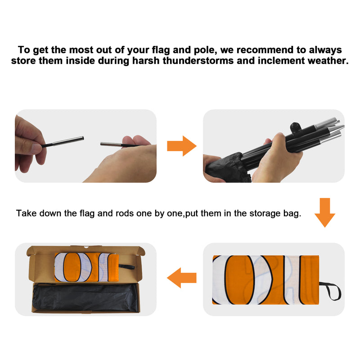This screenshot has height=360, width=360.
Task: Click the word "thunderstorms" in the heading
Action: tap(198, 61)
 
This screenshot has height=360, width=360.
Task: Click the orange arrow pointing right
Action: tap(182, 146)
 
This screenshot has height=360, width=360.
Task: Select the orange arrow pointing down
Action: tap(324, 212)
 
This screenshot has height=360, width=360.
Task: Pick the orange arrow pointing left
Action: tap(182, 278)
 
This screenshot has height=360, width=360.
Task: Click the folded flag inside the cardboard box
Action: tap(86, 267)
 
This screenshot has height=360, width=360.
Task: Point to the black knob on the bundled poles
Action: tap(294, 126)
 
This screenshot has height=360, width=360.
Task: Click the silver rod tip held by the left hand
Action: tap(68, 141)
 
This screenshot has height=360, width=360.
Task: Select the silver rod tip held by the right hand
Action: tap(111, 144)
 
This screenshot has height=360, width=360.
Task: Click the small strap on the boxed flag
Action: tap(126, 267)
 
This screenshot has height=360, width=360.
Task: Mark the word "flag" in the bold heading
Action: tap(161, 50)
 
